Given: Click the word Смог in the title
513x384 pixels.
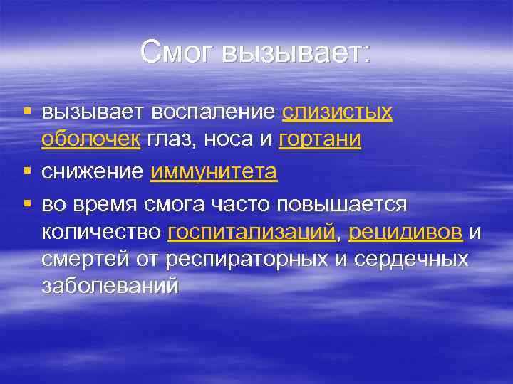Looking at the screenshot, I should pos(178,51).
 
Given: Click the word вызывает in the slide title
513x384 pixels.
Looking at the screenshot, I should pos(296,51).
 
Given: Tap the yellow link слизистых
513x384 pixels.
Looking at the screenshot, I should pos(337,112).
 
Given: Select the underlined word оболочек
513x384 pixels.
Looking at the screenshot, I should pos(90,139).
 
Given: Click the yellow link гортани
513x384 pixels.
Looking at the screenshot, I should pos(320,139).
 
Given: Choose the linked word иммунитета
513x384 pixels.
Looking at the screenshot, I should pos(214,171).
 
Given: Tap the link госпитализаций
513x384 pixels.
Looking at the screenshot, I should pos(252,231).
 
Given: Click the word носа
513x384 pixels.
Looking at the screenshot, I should pos(229,139).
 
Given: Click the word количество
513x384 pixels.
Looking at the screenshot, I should pos(101,231).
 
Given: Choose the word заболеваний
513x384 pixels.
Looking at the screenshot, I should pos(108,286).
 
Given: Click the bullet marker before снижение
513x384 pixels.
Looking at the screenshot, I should pos(27,171).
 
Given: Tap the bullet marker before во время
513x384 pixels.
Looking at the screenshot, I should pos(27,204).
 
